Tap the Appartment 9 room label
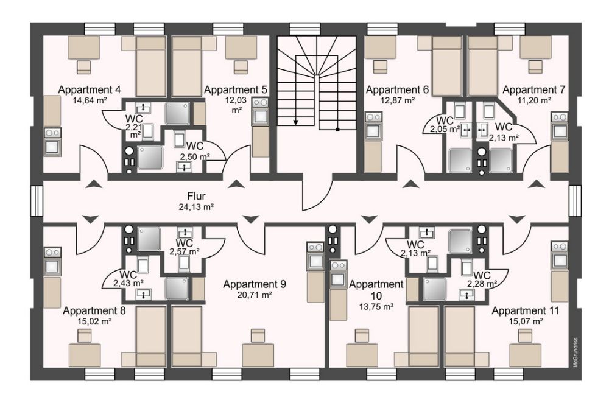coord(255,284)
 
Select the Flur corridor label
coord(196,196)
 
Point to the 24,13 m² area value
coord(196,206)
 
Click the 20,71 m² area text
coord(255,295)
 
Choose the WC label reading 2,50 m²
coord(194,146)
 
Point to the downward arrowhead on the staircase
coord(296,122)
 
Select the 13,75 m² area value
coord(376,307)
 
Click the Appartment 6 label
coord(397,90)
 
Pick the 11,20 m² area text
coord(535,100)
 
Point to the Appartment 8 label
coord(94,310)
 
